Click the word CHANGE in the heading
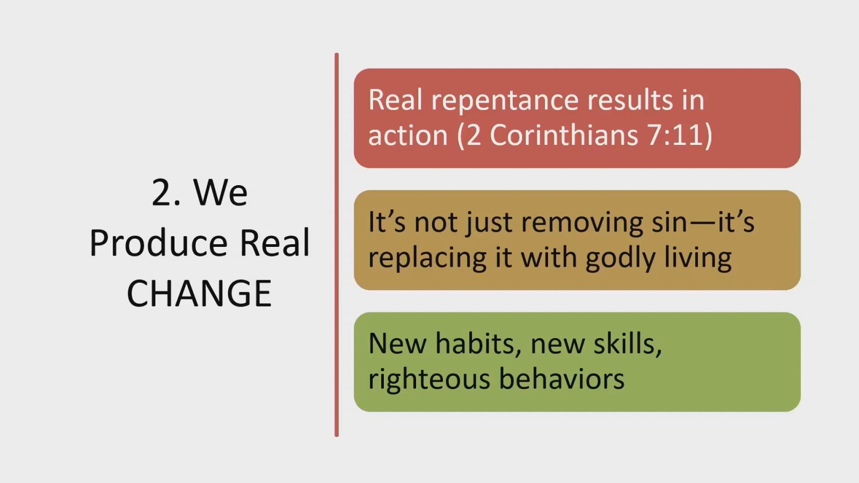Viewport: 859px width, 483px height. (x=199, y=293)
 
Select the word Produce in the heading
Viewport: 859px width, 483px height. (x=158, y=243)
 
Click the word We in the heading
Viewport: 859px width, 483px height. (x=221, y=192)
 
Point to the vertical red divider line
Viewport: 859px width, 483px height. (x=337, y=245)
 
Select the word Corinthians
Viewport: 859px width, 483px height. (x=564, y=135)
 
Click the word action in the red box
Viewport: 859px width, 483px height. (x=408, y=135)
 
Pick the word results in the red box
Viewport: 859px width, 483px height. (x=630, y=100)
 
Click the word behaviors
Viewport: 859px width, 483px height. (x=562, y=379)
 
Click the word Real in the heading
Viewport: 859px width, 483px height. (x=274, y=243)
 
